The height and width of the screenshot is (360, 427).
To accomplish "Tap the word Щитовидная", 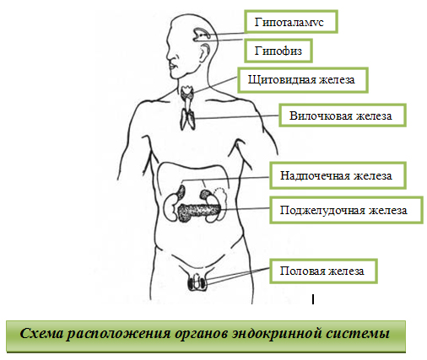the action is pos(282,80).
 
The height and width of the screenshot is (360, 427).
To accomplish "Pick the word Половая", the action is pos(302,271).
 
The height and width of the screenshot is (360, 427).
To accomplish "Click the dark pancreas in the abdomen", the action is pos(199,212).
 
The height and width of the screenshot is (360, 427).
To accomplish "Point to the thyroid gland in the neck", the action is pos(187,93).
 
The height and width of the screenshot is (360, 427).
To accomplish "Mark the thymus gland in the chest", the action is pos(187,119).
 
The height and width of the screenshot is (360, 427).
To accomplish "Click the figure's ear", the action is pos(204,52).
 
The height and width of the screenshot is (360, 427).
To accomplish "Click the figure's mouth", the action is pos(172,67).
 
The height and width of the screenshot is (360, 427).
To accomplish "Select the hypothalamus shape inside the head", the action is pos(201,34).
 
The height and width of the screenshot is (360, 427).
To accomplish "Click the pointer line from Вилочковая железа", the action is pos(237,117).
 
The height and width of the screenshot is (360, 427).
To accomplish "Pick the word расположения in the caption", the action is pos(118,334).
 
